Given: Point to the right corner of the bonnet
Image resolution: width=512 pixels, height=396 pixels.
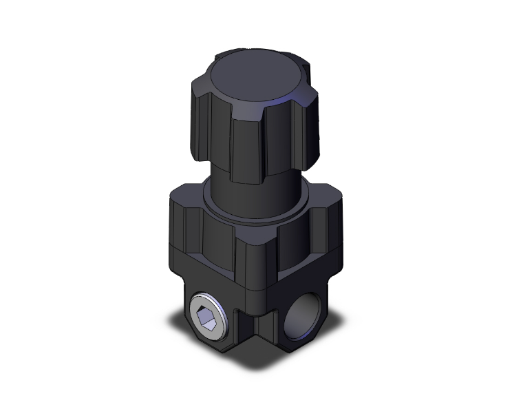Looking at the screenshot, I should pos(333,217).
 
